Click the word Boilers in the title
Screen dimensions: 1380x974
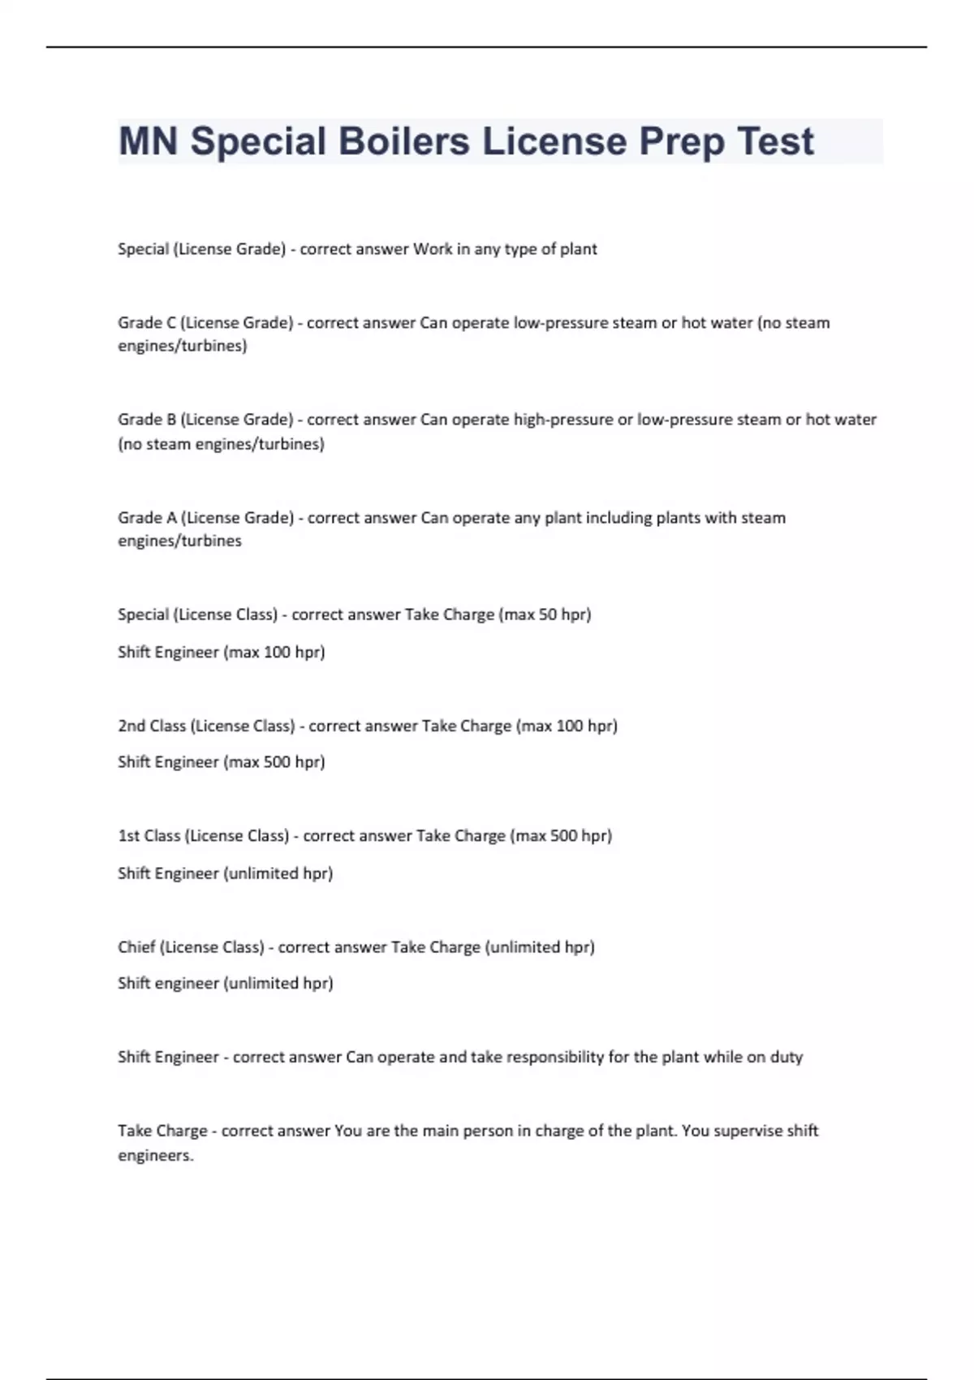[x=403, y=141]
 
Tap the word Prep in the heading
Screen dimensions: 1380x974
[x=681, y=141]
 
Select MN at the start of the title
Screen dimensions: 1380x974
[x=148, y=141]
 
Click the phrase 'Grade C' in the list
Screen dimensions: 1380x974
[x=146, y=323]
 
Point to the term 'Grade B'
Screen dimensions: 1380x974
[x=146, y=420]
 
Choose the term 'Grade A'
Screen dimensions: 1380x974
[x=147, y=518]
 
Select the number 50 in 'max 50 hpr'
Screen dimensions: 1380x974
[x=548, y=615]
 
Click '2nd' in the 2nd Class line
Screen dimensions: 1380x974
[x=131, y=726]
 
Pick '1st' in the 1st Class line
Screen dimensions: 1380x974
[x=129, y=835]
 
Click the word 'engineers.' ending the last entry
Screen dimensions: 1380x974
[x=156, y=1155]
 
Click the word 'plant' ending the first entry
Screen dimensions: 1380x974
[x=578, y=249]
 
